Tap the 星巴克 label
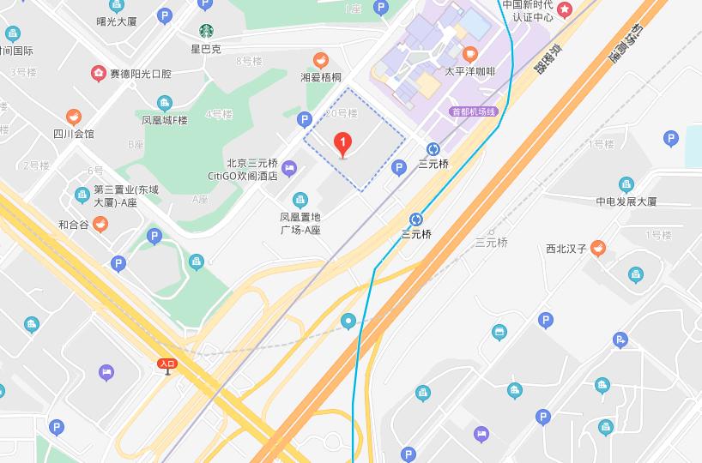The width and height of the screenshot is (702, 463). pos(206,49)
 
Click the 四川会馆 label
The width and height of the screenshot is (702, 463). pos(74,133)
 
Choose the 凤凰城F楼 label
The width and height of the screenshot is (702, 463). pos(165,120)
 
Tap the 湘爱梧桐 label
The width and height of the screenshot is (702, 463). pos(320,76)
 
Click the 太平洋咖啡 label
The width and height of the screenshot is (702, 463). pos(469,71)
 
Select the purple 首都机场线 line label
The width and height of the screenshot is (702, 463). pos(474,111)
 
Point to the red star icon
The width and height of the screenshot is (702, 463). pos(565,9)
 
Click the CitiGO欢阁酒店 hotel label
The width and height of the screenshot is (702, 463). pos(243,176)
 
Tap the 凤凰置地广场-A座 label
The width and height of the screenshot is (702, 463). pos(300,223)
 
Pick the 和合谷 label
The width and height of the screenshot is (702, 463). pos(74,225)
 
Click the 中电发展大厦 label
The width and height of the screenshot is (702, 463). pos(626,201)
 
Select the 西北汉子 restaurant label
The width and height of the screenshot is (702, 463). pos(566,250)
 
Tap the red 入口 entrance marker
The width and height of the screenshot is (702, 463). pos(167,364)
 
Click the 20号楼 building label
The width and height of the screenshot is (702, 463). pos(341,112)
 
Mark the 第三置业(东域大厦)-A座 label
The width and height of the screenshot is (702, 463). pos(115,195)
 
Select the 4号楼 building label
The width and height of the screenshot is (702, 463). pos(220,114)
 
